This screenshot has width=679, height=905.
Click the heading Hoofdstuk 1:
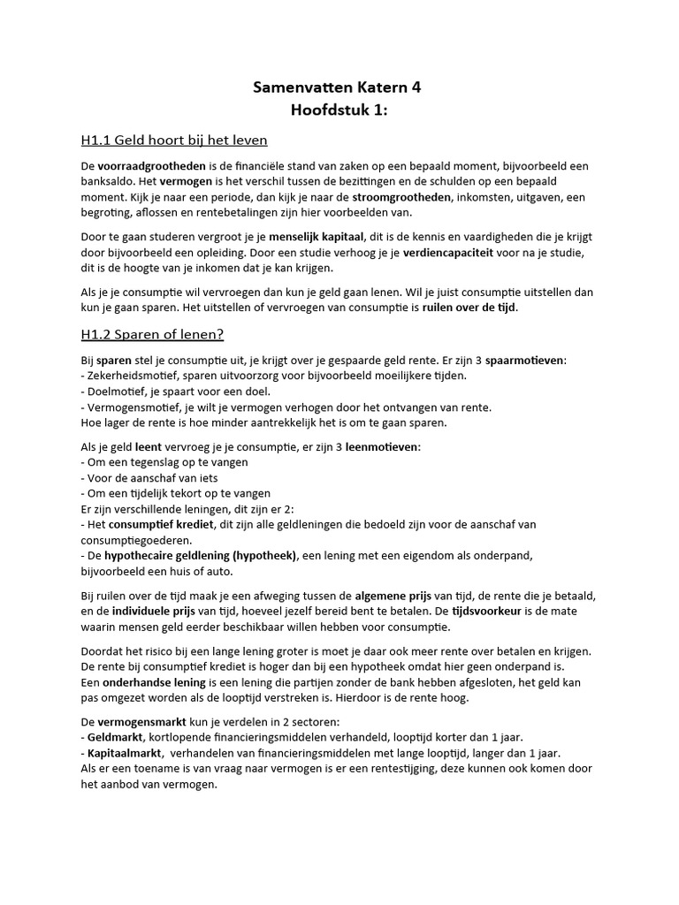pyautogui.click(x=339, y=110)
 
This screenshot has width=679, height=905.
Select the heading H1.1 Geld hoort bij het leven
pyautogui.click(x=173, y=141)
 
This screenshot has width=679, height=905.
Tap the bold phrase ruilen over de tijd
pyautogui.click(x=469, y=308)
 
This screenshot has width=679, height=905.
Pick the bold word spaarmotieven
pyautogui.click(x=521, y=361)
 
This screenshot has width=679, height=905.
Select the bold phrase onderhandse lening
pyautogui.click(x=141, y=682)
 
